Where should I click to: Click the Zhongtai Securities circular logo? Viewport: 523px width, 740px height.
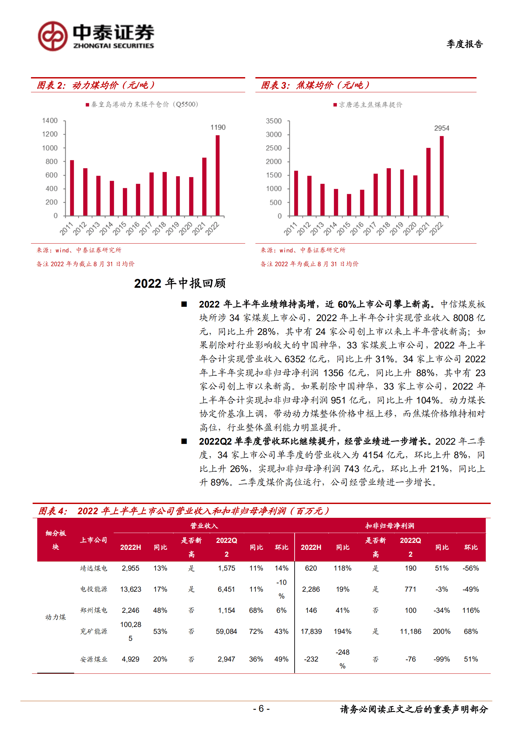(x=53, y=36)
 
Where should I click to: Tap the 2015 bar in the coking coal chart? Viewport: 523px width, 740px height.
(x=349, y=205)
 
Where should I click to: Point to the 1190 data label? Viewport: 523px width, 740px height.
(x=218, y=127)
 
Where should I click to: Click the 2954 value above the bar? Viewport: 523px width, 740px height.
(x=442, y=128)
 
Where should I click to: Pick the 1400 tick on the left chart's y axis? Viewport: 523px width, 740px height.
(x=50, y=121)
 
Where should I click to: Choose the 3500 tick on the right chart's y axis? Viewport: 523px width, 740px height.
(x=274, y=121)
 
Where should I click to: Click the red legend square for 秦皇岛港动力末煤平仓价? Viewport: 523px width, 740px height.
(x=87, y=105)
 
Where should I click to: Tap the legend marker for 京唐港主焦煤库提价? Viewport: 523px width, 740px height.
(x=335, y=105)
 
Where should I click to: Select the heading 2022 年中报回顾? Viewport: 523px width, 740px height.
(x=180, y=283)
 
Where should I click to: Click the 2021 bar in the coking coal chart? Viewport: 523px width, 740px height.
(x=428, y=182)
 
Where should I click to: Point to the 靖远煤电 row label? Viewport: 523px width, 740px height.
(x=94, y=568)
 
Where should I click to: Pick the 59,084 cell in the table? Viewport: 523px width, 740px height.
(x=226, y=631)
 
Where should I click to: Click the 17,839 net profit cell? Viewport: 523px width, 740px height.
(x=311, y=631)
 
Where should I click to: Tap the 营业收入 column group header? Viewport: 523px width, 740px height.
(x=204, y=526)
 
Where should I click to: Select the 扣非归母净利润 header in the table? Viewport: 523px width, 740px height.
(x=390, y=526)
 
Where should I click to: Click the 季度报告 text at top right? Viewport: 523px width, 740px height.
(x=465, y=44)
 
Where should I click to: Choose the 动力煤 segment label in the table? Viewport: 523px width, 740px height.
(x=55, y=617)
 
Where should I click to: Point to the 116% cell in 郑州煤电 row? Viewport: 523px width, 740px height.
(x=471, y=610)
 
